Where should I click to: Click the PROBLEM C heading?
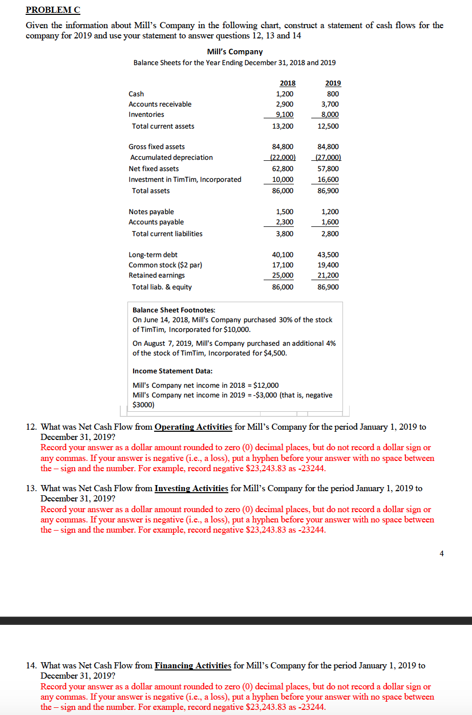pos(53,10)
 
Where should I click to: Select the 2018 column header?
pos(287,83)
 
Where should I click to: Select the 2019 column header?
pos(333,83)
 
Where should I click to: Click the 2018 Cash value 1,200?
pos(285,94)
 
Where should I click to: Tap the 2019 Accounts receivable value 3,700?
pos(330,104)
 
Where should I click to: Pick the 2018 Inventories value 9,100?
pos(285,115)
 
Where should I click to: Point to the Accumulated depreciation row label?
pos(171,157)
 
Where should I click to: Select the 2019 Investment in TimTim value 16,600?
pos(328,179)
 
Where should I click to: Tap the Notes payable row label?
pos(151,212)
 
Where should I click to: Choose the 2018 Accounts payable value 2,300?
pos(285,222)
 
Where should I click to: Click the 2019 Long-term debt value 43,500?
pos(328,255)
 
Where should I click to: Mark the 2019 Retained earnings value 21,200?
pos(328,275)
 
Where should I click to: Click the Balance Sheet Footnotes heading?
pos(174,310)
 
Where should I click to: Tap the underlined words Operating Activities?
pos(193,427)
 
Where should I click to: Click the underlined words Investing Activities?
pos(191,488)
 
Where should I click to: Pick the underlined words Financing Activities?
pos(192,665)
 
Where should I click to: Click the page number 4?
pos(441,553)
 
